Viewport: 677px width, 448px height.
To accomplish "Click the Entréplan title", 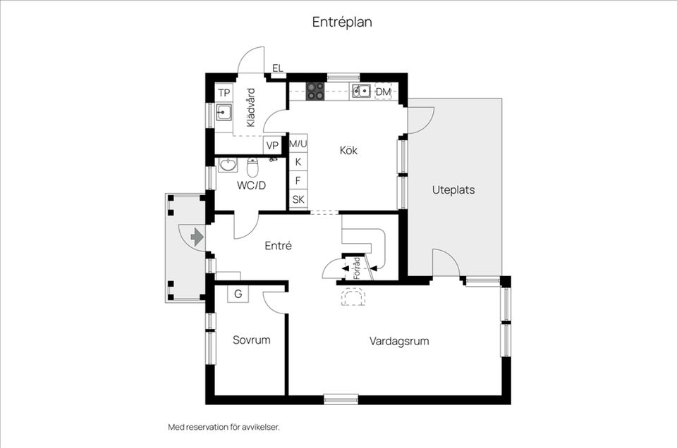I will [342, 22].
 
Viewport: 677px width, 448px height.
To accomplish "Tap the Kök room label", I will [349, 150].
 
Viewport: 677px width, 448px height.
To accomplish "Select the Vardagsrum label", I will [399, 341].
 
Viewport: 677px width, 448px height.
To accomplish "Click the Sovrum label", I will [252, 340].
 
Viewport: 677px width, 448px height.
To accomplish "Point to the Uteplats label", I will [453, 190].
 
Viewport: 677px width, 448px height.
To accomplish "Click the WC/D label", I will [251, 186].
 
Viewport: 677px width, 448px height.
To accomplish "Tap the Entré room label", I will [278, 246].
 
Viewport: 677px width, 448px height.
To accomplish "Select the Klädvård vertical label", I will [250, 107].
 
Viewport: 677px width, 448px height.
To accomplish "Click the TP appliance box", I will [224, 93].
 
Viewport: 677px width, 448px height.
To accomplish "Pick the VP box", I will [272, 146].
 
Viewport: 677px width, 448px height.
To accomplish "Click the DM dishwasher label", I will [383, 92].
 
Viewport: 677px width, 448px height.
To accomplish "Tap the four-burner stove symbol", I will [315, 91].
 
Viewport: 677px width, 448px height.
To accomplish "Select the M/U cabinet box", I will [299, 144].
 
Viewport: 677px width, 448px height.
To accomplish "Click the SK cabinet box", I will [299, 199].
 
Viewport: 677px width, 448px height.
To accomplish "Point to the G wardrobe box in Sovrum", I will [238, 294].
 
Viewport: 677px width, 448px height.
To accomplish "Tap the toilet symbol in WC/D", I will [252, 168].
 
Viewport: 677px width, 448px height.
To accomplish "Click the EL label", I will [277, 68].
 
